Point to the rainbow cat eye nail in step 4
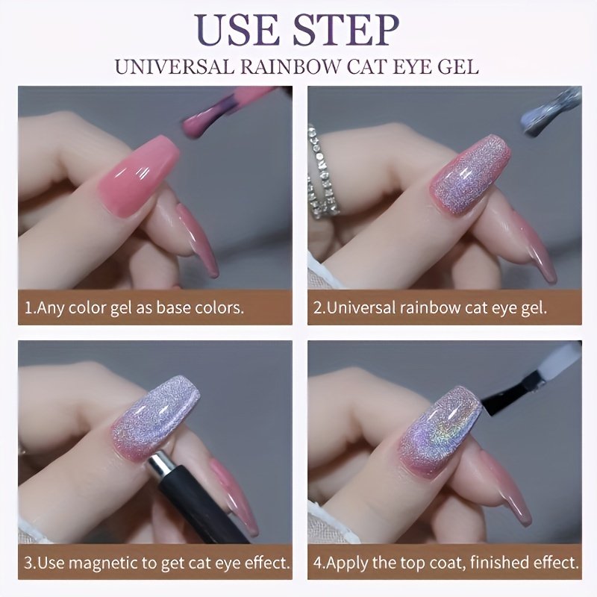(x=439, y=428)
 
